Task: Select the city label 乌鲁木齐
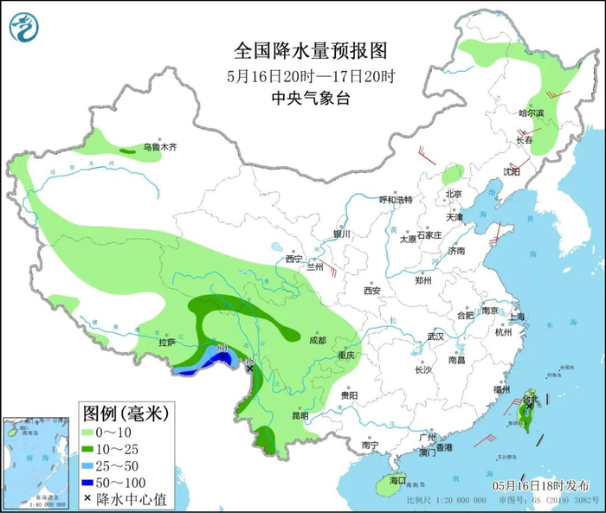click(160, 147)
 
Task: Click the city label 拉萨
click(166, 343)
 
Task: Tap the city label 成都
click(317, 340)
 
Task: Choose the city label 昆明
click(300, 415)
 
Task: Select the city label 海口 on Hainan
click(397, 478)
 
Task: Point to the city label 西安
click(372, 290)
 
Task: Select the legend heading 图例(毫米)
click(125, 412)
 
